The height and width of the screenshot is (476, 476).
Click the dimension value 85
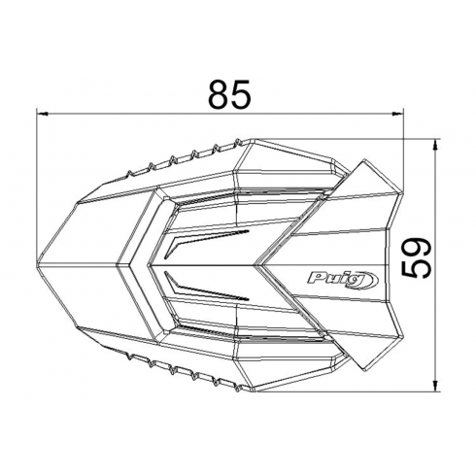click(229, 94)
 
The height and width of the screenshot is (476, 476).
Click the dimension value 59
click(417, 257)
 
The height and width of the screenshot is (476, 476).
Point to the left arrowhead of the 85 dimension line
click(43, 114)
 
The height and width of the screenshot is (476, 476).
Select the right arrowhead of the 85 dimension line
click(398, 114)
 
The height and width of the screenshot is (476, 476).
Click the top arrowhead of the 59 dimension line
click(435, 145)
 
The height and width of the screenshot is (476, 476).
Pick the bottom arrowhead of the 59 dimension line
click(435, 385)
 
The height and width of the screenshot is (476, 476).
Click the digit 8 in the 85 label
click(219, 94)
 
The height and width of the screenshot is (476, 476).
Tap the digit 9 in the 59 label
click(417, 247)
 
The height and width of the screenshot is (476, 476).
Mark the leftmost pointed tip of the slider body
click(37, 264)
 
